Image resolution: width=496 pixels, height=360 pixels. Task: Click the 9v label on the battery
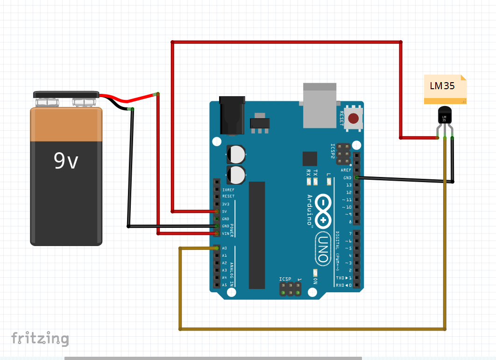[66, 161]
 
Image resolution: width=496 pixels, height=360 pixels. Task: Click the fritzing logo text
[40, 338]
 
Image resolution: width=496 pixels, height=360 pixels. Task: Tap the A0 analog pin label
[225, 248]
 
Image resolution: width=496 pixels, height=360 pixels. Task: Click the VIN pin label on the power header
[226, 233]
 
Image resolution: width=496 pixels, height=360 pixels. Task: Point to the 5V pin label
[225, 212]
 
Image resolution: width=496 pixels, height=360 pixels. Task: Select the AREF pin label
[346, 170]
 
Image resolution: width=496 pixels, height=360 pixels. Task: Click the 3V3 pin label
[226, 204]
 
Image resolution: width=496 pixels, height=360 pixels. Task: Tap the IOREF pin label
[228, 190]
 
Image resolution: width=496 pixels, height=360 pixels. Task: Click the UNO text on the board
[322, 247]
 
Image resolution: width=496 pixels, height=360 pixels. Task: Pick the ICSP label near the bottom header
[285, 279]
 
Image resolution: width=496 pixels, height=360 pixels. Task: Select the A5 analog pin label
[225, 285]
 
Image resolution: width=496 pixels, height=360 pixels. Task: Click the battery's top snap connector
[66, 95]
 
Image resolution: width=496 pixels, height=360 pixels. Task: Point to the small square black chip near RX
[309, 159]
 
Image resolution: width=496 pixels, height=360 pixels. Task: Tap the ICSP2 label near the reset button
[333, 151]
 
